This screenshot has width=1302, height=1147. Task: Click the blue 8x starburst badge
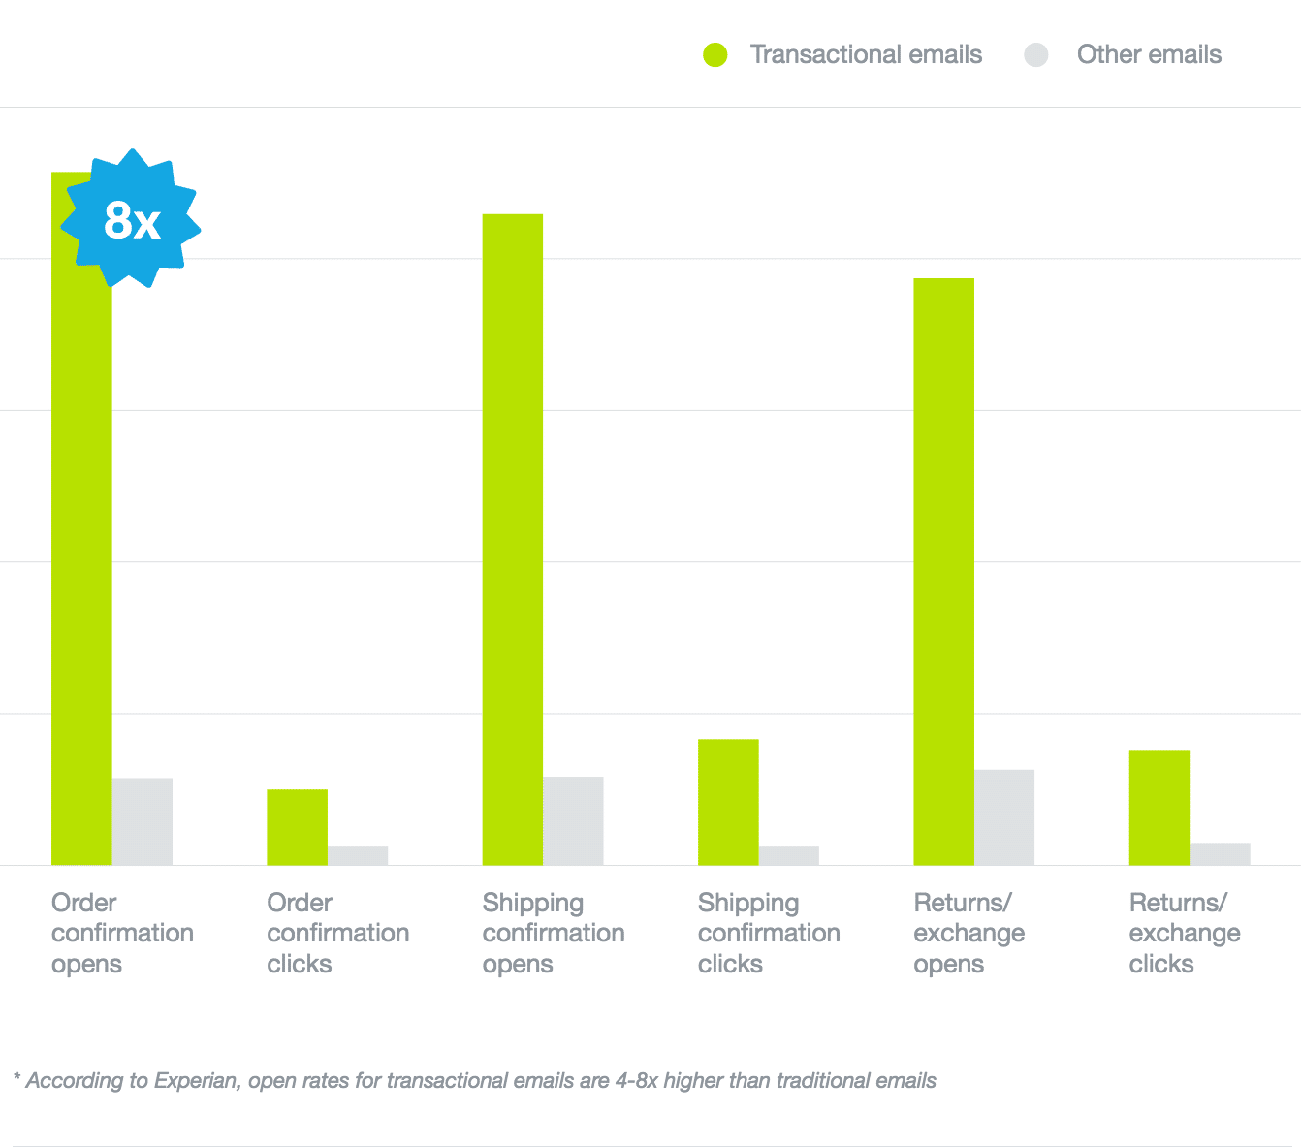click(131, 219)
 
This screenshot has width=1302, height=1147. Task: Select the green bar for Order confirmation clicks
click(297, 827)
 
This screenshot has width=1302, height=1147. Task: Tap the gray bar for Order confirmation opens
click(143, 821)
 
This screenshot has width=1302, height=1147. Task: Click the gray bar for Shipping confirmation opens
click(573, 820)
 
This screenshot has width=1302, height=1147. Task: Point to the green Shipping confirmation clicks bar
click(728, 802)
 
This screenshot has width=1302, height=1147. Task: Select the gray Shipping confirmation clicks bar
click(788, 855)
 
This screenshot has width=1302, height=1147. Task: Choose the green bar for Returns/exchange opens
click(943, 571)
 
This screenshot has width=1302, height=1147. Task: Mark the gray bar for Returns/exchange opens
click(1004, 817)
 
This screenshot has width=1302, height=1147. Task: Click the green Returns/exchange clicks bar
click(1159, 808)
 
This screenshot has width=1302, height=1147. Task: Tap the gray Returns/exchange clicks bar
click(1220, 853)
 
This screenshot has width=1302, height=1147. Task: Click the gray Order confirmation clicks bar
click(358, 855)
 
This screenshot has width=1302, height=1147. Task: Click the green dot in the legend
click(715, 55)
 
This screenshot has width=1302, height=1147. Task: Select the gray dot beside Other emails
click(1036, 55)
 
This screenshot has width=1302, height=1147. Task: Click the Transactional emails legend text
click(866, 55)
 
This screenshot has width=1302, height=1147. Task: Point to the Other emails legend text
click(1149, 55)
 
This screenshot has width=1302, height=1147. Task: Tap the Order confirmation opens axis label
click(122, 933)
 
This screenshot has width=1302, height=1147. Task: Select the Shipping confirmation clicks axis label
click(769, 933)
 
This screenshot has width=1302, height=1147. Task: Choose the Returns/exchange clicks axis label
click(1184, 933)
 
